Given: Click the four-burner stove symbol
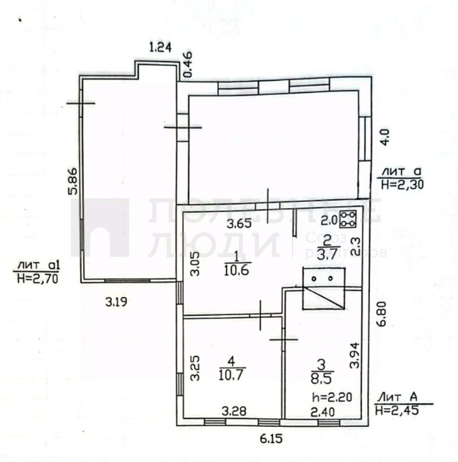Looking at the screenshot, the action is tap(348, 219).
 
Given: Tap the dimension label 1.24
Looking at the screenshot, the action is tap(161, 47).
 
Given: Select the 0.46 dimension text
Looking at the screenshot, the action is tap(187, 64).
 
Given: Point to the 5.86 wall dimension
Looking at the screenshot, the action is tap(73, 181).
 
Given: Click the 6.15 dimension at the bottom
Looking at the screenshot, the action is tap(271, 439).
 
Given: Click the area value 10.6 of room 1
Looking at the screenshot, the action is tap(237, 270).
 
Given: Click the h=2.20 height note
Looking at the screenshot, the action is tap(332, 397).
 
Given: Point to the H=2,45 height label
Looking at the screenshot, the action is tap(397, 410).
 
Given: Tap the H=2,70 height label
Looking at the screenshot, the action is tap(38, 279).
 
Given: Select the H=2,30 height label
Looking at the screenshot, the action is tap(403, 184).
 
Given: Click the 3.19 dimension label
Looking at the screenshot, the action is tap(116, 302).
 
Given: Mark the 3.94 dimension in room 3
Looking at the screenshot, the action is tap(354, 355).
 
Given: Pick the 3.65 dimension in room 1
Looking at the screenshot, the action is tap(239, 224).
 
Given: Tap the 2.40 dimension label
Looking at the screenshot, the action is tap(323, 412).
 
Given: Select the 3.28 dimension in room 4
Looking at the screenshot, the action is tap(234, 411).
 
